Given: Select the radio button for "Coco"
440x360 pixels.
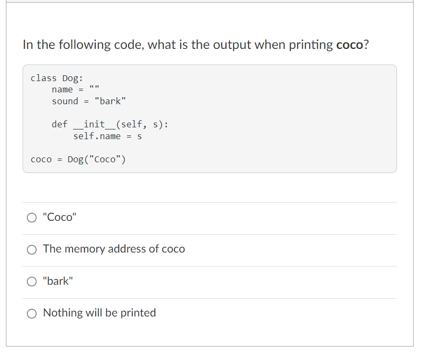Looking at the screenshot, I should [33, 218].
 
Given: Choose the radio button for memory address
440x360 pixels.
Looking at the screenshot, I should [33, 249].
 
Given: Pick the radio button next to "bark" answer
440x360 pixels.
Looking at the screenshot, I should [33, 281].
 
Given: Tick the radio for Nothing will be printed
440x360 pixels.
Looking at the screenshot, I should [33, 313].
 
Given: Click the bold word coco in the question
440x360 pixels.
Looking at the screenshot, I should [350, 45].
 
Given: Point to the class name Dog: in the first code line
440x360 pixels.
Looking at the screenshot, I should [73, 78].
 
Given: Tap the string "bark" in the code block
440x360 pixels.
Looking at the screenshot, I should [110, 101].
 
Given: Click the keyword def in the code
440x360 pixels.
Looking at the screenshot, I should [60, 124].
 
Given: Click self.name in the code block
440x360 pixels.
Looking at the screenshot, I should [97, 136].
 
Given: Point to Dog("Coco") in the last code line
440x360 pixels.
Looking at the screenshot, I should [97, 160].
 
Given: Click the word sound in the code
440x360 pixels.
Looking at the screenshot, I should [65, 101].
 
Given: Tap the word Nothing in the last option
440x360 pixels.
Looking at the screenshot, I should [62, 313].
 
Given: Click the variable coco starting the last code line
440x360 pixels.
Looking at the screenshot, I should [41, 160].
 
